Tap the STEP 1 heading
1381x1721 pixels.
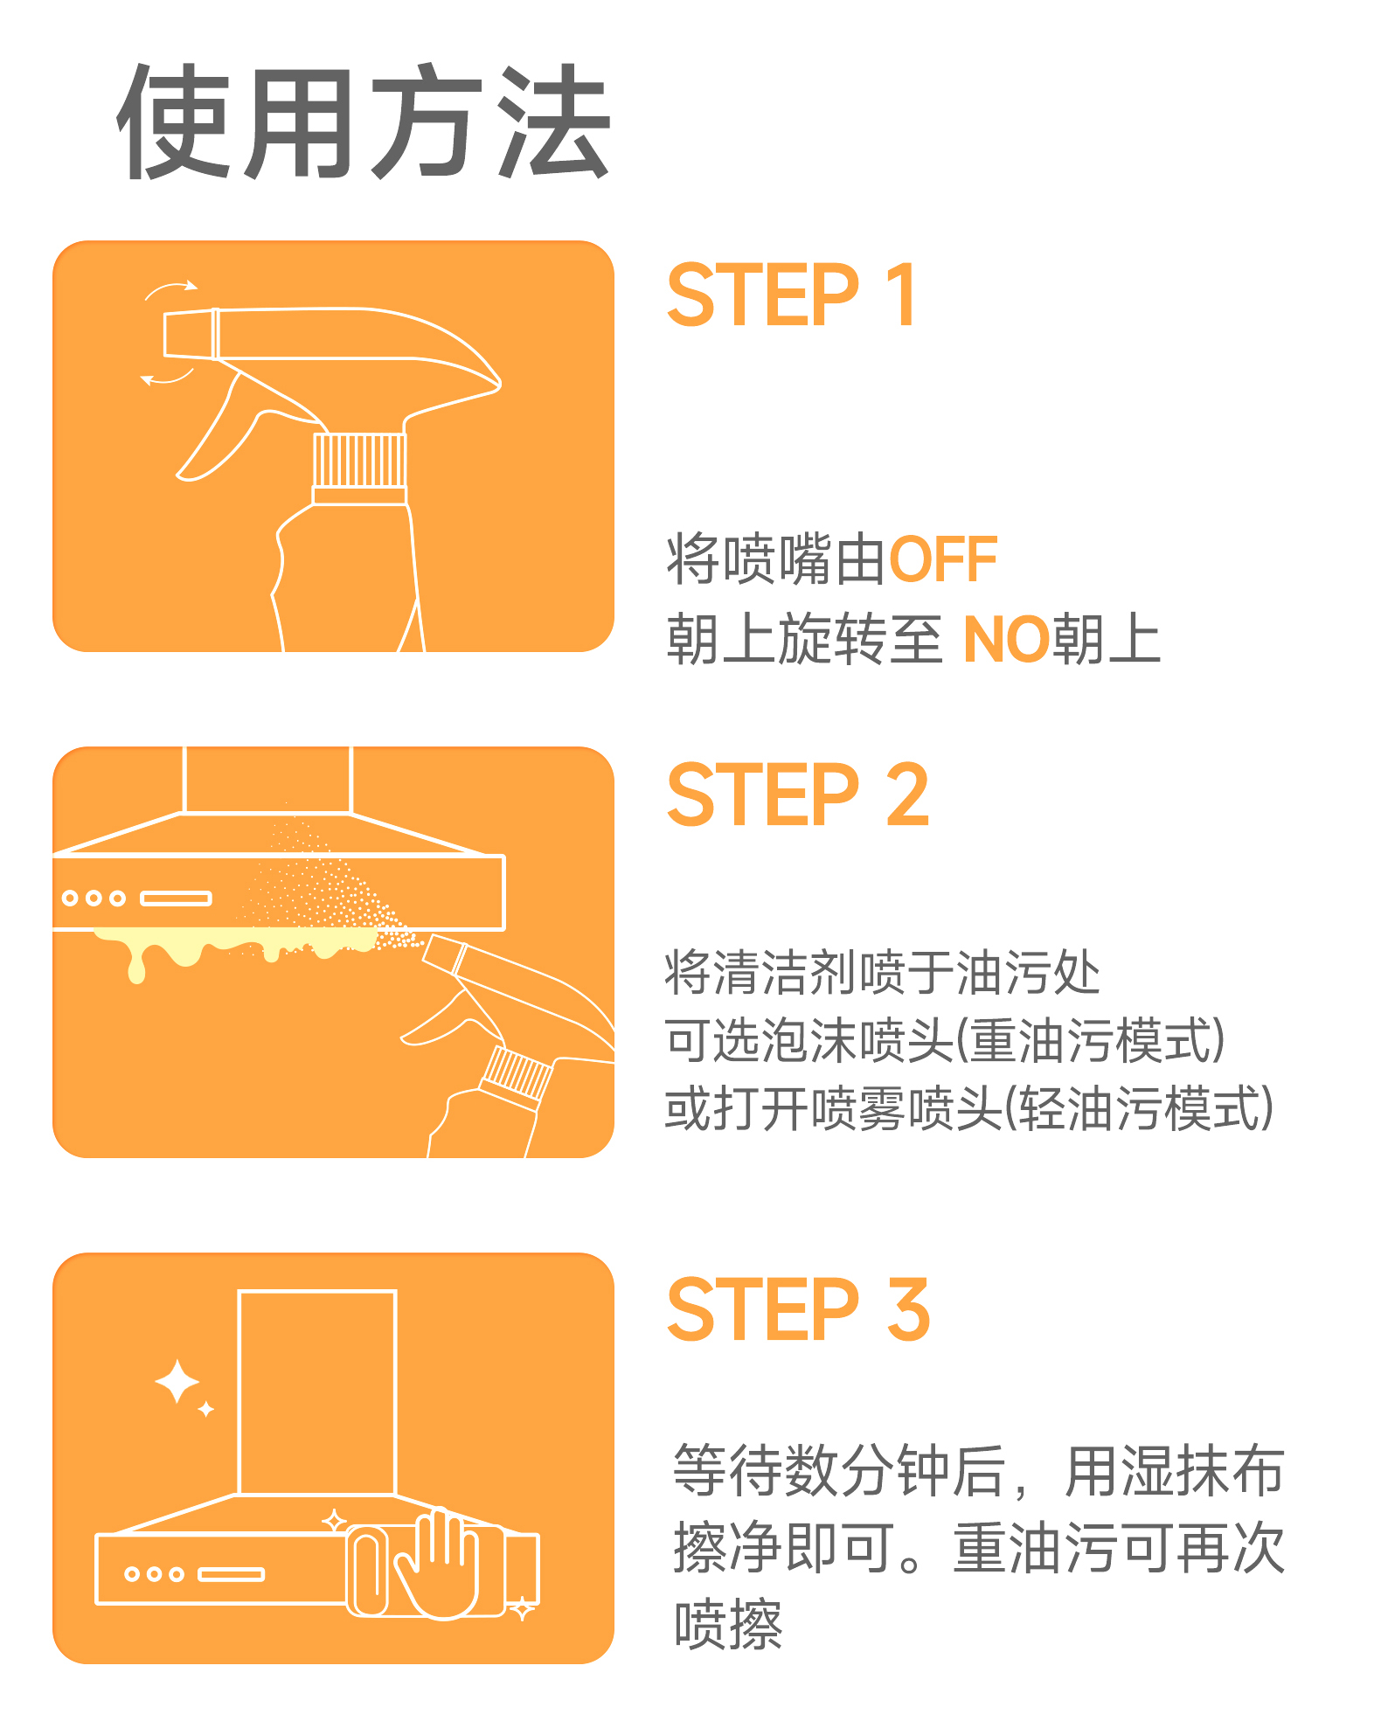[x=792, y=295]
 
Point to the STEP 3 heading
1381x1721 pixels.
[x=798, y=1308]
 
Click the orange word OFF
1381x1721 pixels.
[x=943, y=559]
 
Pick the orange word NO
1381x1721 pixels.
[x=1006, y=639]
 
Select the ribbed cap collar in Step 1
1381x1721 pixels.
[x=360, y=461]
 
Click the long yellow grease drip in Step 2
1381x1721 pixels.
[x=136, y=961]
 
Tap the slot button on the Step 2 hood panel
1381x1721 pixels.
[x=176, y=899]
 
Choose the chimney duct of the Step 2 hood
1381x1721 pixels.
[x=267, y=780]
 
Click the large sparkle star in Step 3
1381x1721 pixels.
[x=177, y=1382]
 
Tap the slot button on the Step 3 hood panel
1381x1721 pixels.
[x=231, y=1575]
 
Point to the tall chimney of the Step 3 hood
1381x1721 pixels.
[x=317, y=1392]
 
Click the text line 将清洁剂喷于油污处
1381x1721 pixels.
[x=883, y=973]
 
